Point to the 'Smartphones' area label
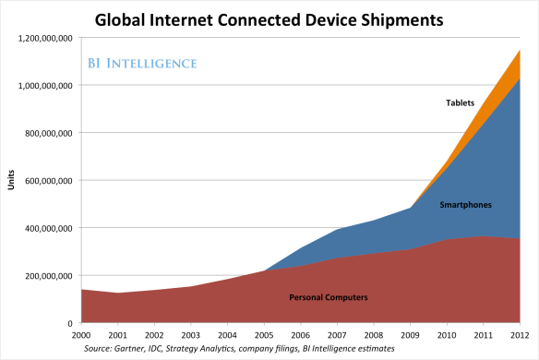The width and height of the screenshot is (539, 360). tap(465, 204)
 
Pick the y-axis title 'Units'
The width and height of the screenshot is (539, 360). tap(12, 181)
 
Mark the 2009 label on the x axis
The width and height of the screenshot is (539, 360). tap(410, 333)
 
